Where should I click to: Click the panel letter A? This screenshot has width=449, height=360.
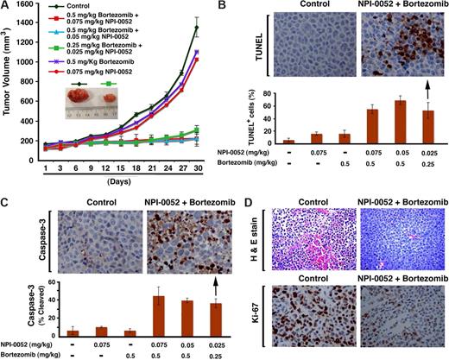point(6,7)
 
